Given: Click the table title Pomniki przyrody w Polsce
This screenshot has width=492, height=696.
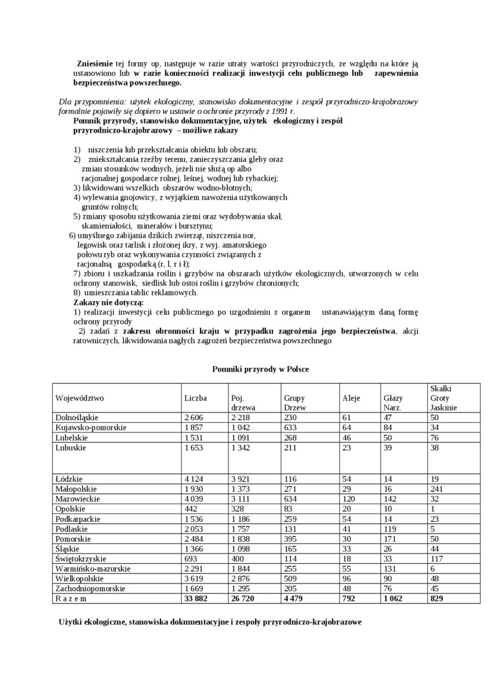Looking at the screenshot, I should (260, 368).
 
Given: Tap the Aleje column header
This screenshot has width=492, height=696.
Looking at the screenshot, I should (351, 398).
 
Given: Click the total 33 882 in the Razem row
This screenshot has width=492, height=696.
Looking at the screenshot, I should (199, 599).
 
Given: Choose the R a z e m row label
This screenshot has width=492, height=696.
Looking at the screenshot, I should (76, 599).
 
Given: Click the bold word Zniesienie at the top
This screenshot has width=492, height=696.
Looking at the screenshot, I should (95, 63).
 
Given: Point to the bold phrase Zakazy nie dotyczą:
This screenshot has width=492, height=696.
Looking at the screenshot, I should (108, 302).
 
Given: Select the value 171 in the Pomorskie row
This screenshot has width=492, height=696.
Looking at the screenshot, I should (390, 539).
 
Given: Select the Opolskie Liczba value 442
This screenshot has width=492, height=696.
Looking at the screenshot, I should (191, 508).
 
